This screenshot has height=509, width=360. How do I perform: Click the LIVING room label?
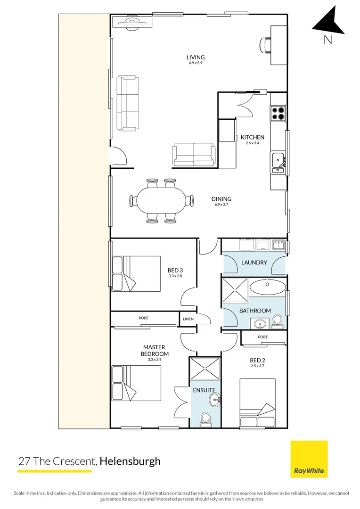pos(196,57)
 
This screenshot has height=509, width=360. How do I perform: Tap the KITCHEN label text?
pos(253,137)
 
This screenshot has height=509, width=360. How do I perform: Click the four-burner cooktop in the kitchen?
pos(278,113)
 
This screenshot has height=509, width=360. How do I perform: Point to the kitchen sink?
pos(277,159)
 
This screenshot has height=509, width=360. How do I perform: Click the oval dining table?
pos(162,201)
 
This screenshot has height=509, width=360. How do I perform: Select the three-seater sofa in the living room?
pos(128,103)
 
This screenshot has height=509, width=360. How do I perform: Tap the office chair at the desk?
pos(265,45)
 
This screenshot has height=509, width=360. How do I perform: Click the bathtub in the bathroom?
pos(267,287)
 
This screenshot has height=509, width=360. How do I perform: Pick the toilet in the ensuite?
pos(206,418)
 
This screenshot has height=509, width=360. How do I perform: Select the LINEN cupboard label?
pos(187,319)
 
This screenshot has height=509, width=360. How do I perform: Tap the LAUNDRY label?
pos(254,263)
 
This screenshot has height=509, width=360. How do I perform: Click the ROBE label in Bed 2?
pos(263,337)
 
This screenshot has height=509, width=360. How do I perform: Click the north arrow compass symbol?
pos(329,24)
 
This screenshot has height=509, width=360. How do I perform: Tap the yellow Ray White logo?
pos(309,459)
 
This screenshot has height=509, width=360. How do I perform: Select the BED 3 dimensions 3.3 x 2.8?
pos(175,276)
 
